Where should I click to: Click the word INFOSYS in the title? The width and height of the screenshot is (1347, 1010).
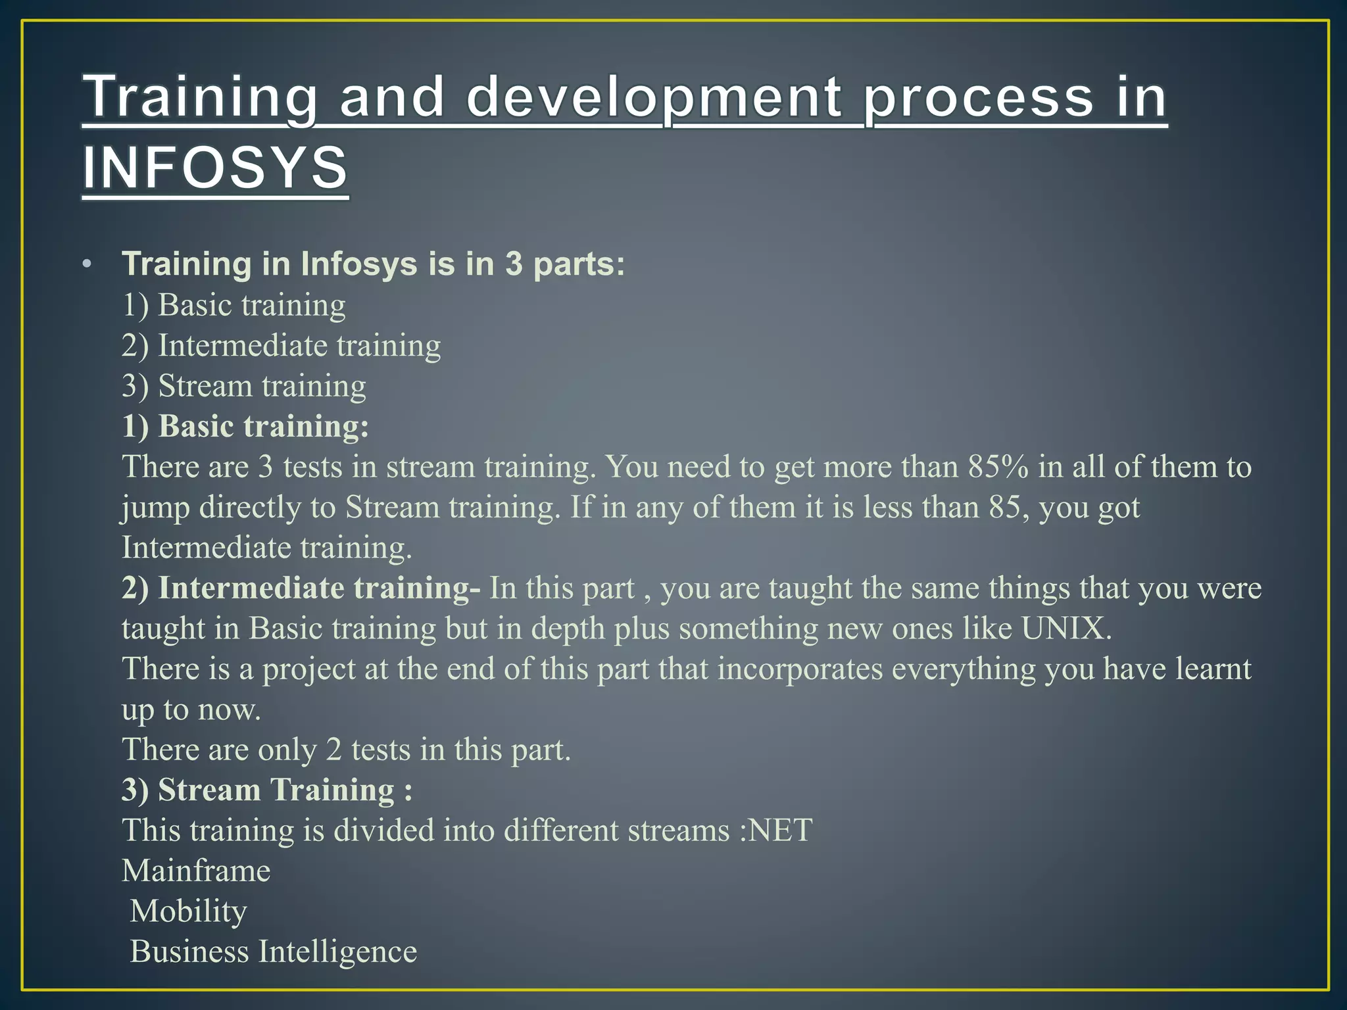215,168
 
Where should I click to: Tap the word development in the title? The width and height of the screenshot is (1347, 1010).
654,97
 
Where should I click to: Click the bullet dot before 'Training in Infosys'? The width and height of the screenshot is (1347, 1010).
87,265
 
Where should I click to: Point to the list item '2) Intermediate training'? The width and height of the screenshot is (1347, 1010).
281,346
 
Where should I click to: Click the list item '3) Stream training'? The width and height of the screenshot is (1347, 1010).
243,386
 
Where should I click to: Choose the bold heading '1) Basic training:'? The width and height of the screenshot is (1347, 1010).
245,426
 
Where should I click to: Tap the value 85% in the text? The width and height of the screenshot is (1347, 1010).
998,467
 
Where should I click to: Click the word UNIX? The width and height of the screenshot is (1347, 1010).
1066,629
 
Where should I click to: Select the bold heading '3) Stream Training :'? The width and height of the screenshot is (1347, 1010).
267,790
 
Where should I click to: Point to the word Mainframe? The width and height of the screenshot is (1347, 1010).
196,871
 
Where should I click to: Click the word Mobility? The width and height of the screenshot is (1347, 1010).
188,911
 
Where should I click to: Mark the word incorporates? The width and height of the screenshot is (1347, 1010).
800,669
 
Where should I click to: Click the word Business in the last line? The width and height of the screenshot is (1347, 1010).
189,951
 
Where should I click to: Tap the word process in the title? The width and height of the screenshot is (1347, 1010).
977,97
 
